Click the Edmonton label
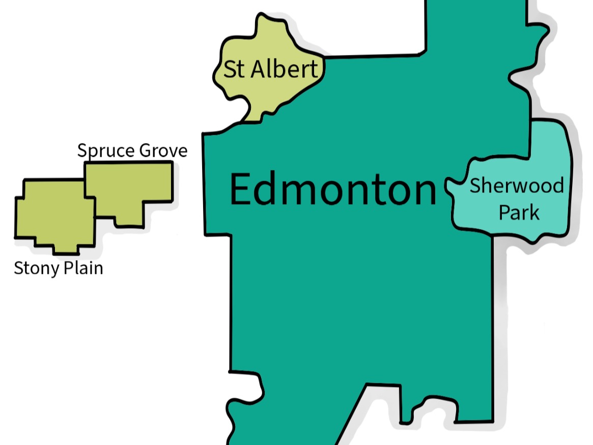point(333,189)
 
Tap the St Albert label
point(271,69)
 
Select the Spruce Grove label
point(132,151)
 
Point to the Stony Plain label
point(59,268)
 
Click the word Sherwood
point(516,185)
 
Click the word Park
point(519,212)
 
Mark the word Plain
point(83,268)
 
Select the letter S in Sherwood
point(474,185)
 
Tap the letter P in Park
point(503,212)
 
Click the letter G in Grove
point(145,151)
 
